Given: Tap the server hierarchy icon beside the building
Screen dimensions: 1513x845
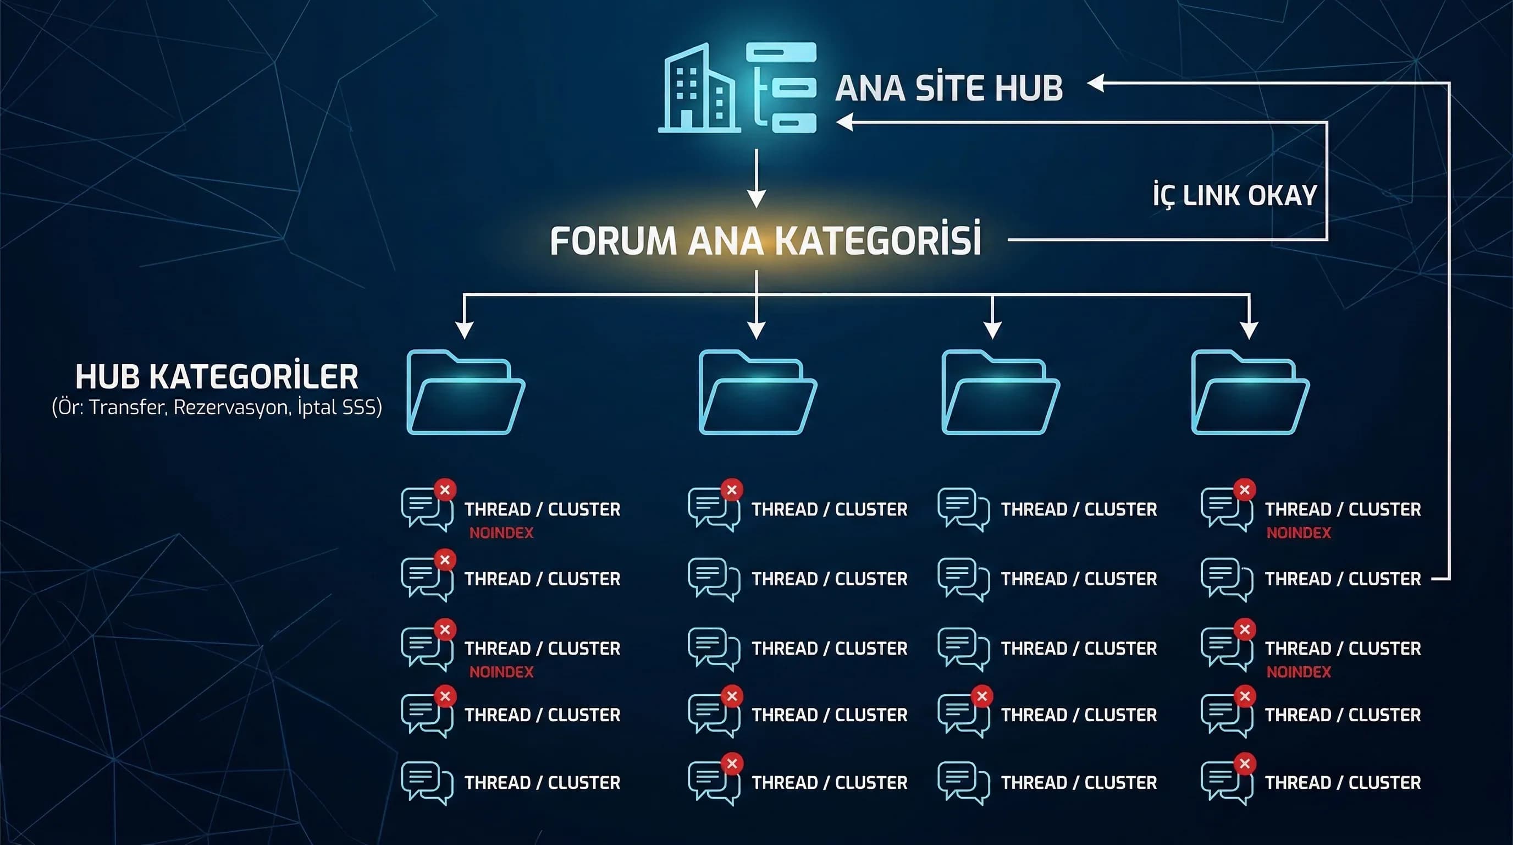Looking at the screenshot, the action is pyautogui.click(x=781, y=87).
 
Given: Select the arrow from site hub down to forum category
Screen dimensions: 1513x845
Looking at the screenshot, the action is pyautogui.click(x=756, y=178).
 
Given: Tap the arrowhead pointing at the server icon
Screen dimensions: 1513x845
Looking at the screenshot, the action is pyautogui.click(x=844, y=122).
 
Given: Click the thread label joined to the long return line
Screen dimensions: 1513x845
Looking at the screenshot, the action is pyautogui.click(x=1343, y=579).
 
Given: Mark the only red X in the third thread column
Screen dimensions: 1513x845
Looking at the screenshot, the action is pyautogui.click(x=981, y=696).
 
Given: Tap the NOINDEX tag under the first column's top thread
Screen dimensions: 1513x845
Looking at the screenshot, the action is pyautogui.click(x=501, y=533).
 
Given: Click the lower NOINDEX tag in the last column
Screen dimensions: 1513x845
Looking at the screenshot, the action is pyautogui.click(x=1299, y=672).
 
